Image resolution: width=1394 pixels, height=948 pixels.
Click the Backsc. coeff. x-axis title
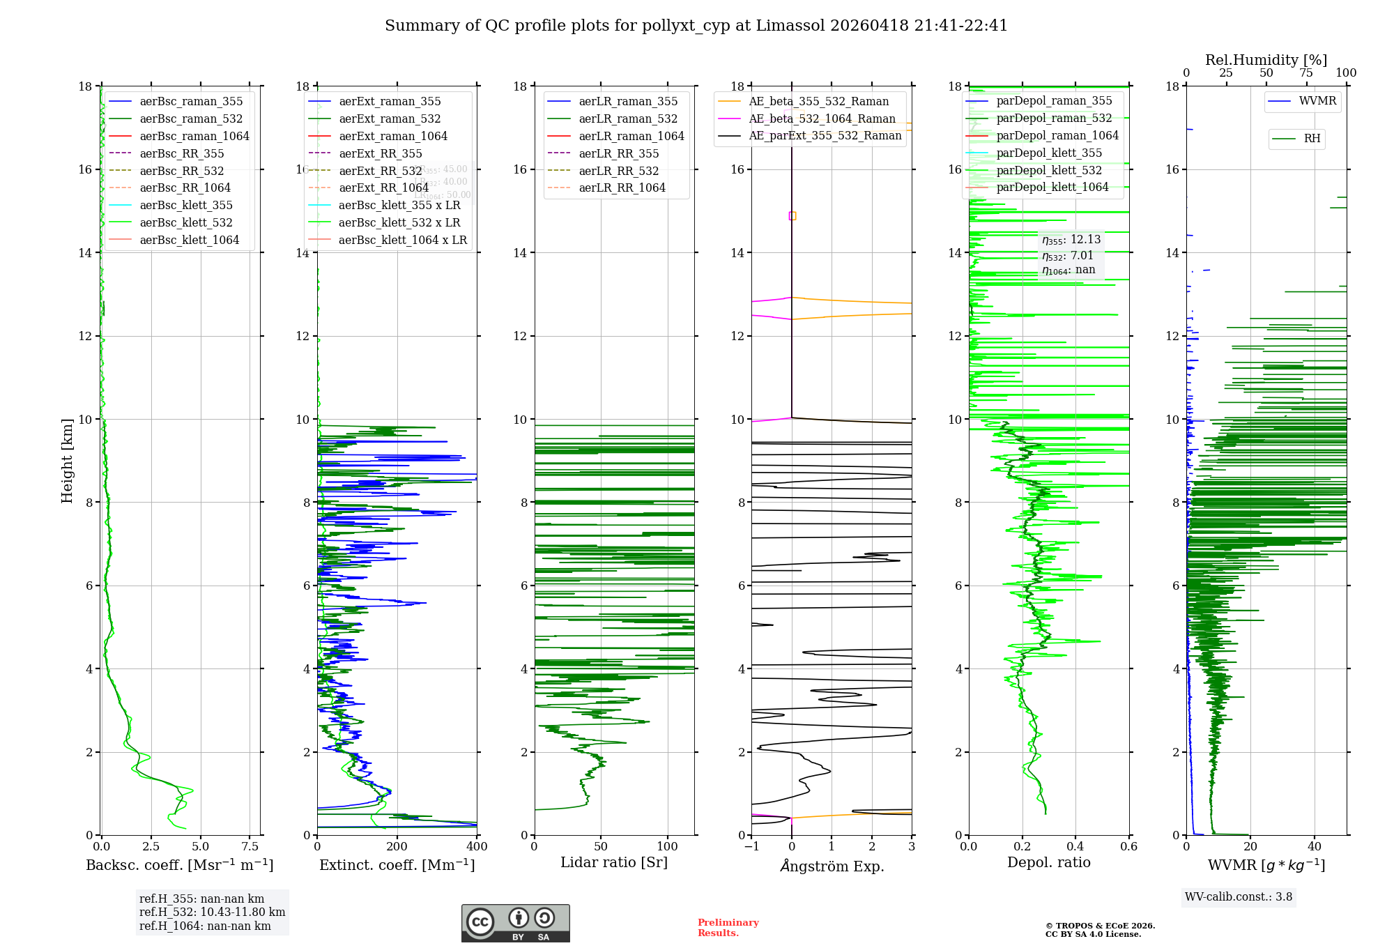[179, 865]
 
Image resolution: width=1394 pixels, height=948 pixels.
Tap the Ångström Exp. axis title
[832, 866]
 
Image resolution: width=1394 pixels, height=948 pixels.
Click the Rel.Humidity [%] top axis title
[1266, 60]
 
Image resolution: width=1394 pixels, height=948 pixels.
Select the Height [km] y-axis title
[67, 461]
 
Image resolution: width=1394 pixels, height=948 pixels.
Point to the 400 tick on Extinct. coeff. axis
[477, 847]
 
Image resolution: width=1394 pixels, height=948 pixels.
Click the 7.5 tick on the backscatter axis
[250, 847]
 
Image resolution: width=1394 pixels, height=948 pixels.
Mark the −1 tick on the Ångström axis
[751, 847]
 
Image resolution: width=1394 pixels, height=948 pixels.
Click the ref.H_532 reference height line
[212, 912]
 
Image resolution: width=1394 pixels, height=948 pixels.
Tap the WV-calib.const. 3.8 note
[1239, 897]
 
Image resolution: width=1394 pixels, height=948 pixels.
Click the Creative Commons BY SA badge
[515, 923]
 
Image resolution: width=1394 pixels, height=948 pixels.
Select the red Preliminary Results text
[728, 928]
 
